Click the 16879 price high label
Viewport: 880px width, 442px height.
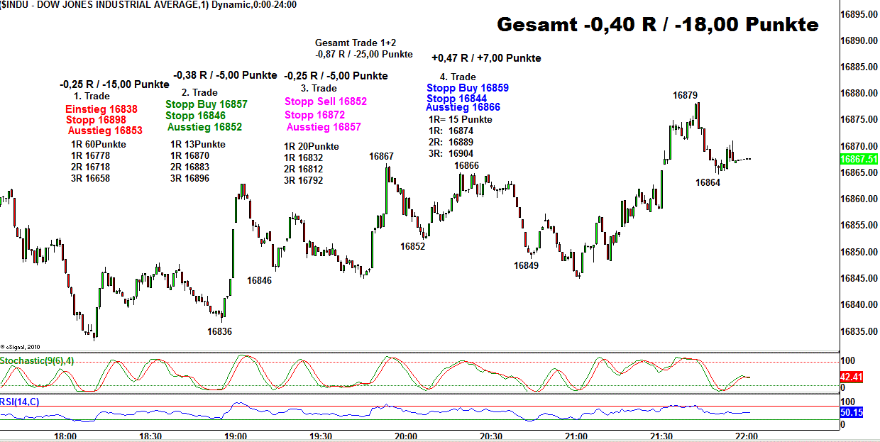point(685,95)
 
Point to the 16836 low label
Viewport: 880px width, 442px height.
point(219,331)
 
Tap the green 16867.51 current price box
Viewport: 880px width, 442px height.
point(858,160)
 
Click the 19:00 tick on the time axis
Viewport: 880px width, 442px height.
point(235,436)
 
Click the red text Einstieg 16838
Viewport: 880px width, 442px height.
point(101,109)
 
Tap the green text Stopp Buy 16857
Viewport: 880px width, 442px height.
point(207,104)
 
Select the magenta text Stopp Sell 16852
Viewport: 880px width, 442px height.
point(326,101)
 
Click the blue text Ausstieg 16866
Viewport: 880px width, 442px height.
point(463,107)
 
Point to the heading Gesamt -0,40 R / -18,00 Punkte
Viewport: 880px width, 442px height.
point(657,25)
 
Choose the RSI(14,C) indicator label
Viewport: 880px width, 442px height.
point(20,402)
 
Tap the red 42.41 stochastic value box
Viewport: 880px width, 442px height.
point(851,377)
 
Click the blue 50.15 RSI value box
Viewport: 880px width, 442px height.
point(851,412)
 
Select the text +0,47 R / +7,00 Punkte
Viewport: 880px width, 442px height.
point(486,58)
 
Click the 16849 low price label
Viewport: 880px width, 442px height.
point(526,265)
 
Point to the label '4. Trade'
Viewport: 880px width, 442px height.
point(458,77)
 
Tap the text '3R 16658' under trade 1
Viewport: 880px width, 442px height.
point(90,178)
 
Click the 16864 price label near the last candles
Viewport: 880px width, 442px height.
point(708,182)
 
